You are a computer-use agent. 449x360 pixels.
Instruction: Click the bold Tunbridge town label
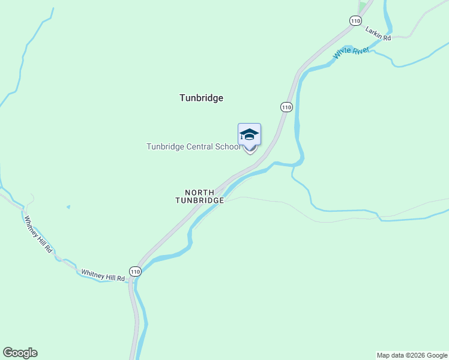pyautogui.click(x=201, y=98)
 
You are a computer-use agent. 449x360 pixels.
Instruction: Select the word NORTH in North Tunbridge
pyautogui.click(x=199, y=193)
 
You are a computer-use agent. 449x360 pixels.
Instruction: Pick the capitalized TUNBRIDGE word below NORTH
pyautogui.click(x=200, y=200)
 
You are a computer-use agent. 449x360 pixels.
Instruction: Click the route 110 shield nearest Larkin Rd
pyautogui.click(x=355, y=20)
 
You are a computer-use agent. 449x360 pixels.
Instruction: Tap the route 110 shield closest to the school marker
pyautogui.click(x=286, y=107)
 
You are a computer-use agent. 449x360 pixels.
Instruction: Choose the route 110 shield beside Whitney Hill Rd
pyautogui.click(x=136, y=271)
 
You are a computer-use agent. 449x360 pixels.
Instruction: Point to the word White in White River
pyautogui.click(x=343, y=55)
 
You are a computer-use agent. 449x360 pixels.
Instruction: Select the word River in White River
pyautogui.click(x=361, y=50)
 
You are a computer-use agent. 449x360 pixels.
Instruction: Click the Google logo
pyautogui.click(x=20, y=353)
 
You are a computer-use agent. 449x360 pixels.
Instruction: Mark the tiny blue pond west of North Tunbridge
pyautogui.click(x=68, y=207)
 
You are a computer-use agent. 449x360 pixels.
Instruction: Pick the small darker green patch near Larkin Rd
pyautogui.click(x=361, y=7)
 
